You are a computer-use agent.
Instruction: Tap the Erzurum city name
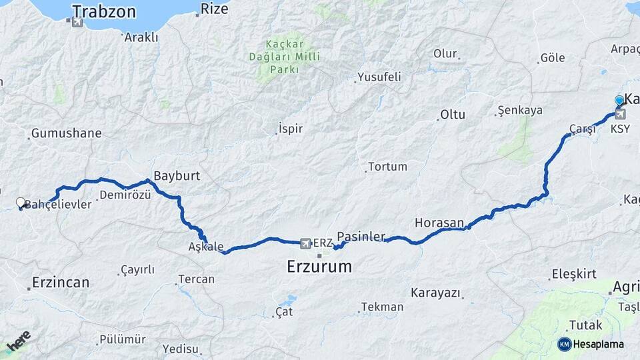(x=319, y=267)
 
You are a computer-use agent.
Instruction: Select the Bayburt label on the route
(x=177, y=176)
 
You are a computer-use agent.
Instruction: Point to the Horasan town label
(x=439, y=222)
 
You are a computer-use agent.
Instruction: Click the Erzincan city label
(x=60, y=282)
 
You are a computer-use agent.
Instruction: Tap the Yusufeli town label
(x=379, y=77)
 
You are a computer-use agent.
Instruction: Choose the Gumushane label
(x=66, y=133)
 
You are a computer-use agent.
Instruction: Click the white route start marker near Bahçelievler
(x=20, y=202)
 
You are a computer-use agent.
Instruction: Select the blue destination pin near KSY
(x=619, y=101)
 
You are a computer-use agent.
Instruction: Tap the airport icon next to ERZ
(x=306, y=243)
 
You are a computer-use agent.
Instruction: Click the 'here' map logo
(x=18, y=341)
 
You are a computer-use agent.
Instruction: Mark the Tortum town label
(x=387, y=166)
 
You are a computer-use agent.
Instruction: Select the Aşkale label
(x=206, y=246)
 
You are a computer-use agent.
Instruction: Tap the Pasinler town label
(x=361, y=236)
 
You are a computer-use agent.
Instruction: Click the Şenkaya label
(x=520, y=110)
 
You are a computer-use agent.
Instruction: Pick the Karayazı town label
(x=435, y=292)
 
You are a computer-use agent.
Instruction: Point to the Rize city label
(x=214, y=9)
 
